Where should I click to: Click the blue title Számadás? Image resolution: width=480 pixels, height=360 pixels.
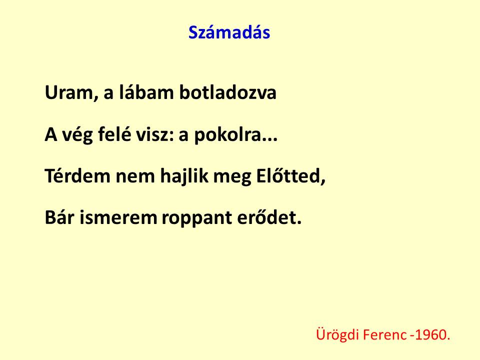point(229,32)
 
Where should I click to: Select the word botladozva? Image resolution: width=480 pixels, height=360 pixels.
point(228,92)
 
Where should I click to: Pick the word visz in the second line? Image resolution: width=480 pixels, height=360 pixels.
point(154,134)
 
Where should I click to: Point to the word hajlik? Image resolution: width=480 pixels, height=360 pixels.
point(184,176)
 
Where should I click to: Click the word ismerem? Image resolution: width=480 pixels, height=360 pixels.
point(118,217)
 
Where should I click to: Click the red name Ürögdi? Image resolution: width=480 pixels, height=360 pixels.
point(337,334)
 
